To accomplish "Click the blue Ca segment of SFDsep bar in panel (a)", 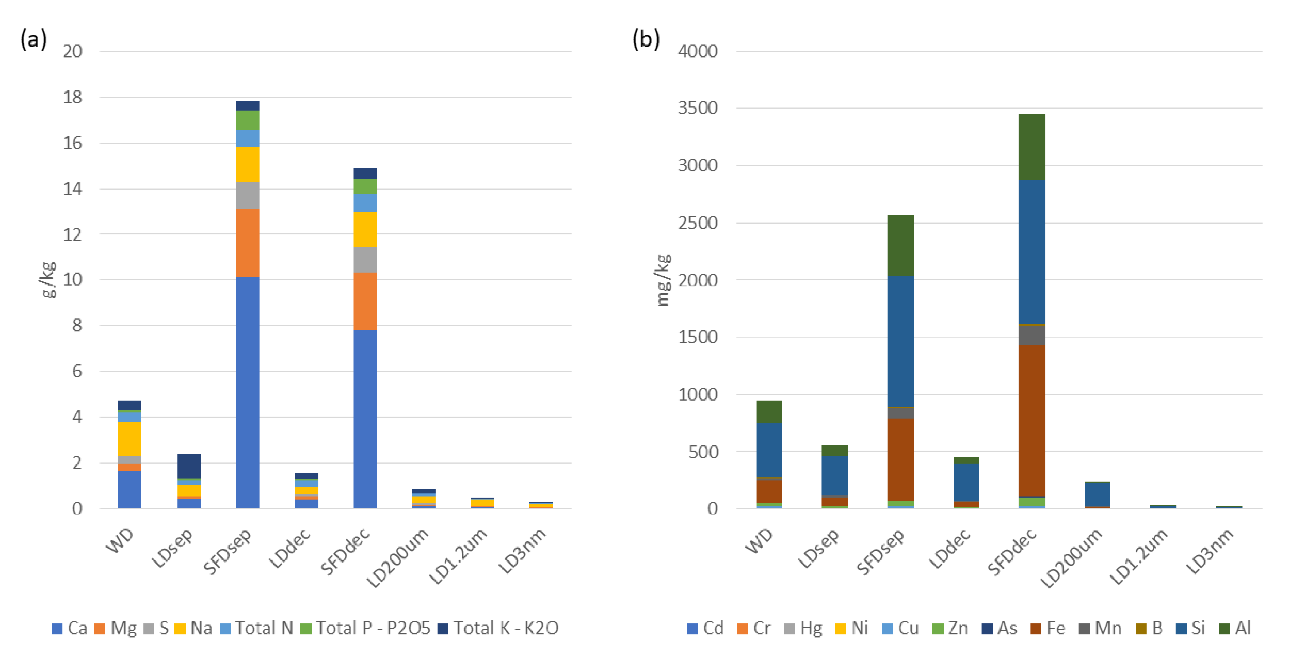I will coord(247,392).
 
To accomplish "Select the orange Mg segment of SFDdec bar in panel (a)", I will coord(365,301).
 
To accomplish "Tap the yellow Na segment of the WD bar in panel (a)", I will coord(129,438).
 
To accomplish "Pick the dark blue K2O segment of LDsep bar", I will coord(189,465).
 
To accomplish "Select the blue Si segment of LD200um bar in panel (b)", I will coord(1097,494).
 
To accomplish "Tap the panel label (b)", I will coord(646,39).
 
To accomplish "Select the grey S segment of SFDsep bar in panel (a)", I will coord(247,195).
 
